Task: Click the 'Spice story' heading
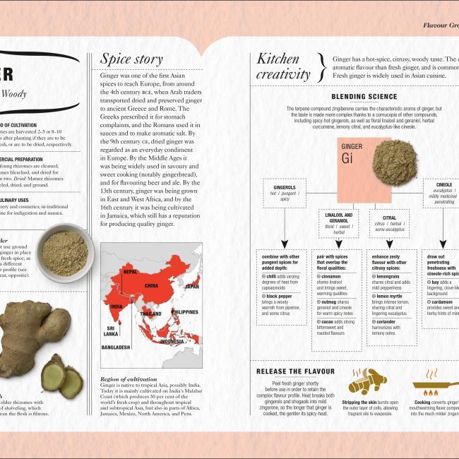coord(131,59)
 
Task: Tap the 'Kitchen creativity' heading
coord(282,66)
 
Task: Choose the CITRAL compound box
coord(389,223)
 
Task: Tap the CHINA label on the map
coord(152,286)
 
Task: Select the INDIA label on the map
coord(117,306)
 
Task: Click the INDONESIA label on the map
coord(171,341)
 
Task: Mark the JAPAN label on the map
coord(191,287)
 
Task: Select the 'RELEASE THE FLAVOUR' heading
coord(290,371)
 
